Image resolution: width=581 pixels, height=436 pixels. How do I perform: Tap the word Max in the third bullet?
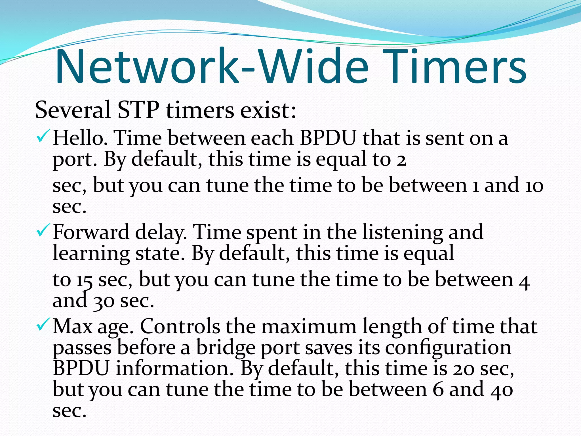[x=73, y=326]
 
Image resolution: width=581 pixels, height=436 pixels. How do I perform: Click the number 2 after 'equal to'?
[x=401, y=161]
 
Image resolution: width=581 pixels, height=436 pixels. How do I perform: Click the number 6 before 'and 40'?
[x=438, y=390]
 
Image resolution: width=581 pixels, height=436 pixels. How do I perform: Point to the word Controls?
[x=180, y=326]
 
